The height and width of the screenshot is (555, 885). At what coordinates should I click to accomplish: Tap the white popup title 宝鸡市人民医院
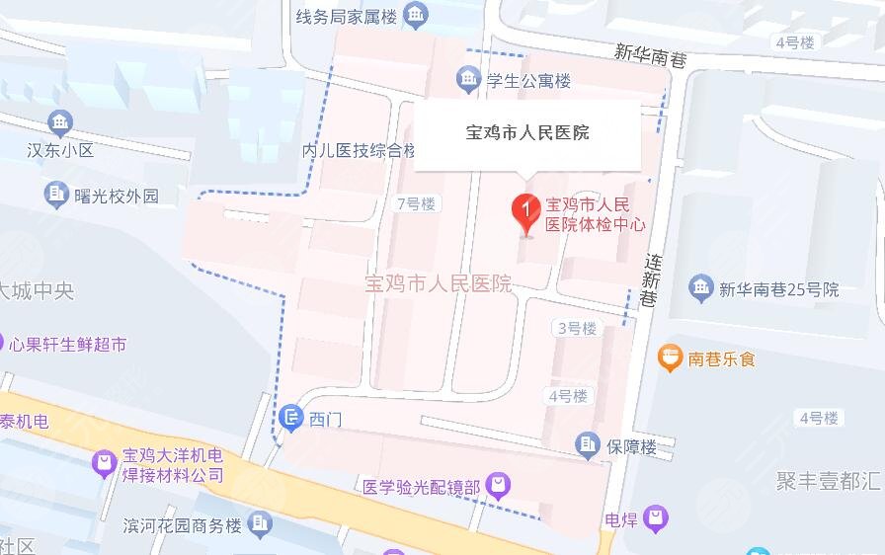pyautogui.click(x=527, y=132)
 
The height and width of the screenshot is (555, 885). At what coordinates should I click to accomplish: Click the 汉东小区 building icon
pyautogui.click(x=59, y=123)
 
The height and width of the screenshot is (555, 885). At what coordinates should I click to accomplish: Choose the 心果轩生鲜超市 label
pyautogui.click(x=68, y=345)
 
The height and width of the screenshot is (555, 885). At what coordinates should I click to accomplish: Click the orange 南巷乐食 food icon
pyautogui.click(x=671, y=357)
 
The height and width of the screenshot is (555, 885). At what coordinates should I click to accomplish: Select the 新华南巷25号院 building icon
pyautogui.click(x=701, y=288)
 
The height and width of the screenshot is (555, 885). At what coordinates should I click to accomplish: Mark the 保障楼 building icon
pyautogui.click(x=589, y=445)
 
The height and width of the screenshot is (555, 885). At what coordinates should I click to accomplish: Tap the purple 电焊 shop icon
pyautogui.click(x=655, y=516)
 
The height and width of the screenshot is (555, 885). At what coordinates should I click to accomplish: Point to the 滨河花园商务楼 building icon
pyautogui.click(x=261, y=523)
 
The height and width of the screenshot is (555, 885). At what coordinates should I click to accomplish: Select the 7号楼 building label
pyautogui.click(x=416, y=204)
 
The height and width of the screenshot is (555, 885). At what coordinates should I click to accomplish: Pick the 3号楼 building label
pyautogui.click(x=577, y=329)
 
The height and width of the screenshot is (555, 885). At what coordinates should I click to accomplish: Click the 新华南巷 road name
pyautogui.click(x=647, y=51)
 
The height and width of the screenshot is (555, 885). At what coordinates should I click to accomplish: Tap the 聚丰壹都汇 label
pyautogui.click(x=828, y=481)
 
